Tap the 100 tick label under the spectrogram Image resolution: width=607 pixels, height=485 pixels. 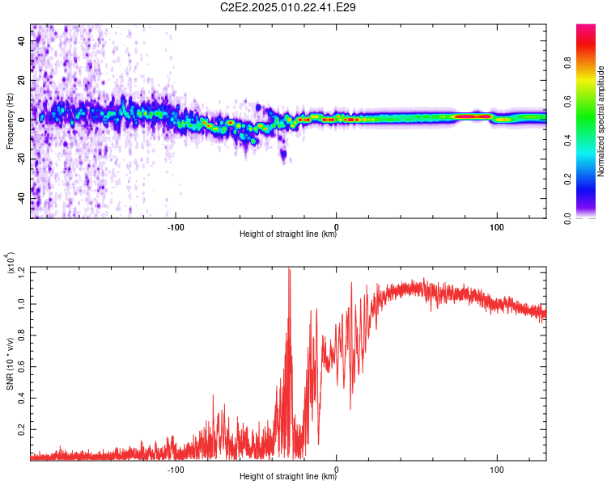point(496,226)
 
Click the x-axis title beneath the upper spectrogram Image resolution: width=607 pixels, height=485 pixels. point(288,234)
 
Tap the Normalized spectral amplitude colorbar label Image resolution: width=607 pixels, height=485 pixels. point(601,121)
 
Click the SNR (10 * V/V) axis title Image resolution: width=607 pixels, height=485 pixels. point(10,364)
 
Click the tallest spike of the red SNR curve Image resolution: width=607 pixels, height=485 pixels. point(289,270)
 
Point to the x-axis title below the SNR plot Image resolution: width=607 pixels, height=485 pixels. point(288,477)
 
